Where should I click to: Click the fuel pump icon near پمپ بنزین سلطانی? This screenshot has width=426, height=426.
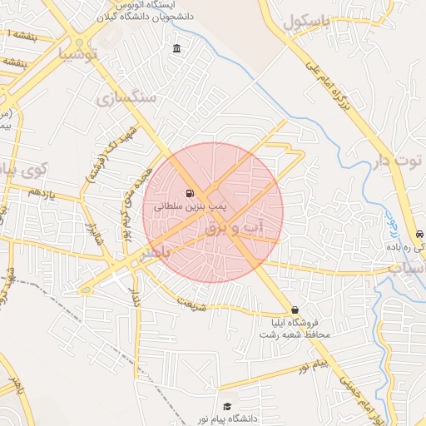[191, 192]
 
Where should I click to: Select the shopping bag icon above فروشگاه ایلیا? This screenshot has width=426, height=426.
[295, 310]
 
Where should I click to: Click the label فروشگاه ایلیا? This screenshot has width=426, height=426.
[295, 322]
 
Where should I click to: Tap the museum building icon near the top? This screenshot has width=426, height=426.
[177, 49]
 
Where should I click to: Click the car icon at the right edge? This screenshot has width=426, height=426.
[418, 235]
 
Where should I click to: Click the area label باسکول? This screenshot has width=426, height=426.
[305, 22]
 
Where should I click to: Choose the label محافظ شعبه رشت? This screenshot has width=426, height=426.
[295, 334]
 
